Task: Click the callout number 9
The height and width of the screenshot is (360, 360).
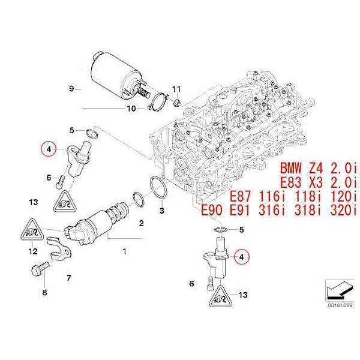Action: click(x=71, y=88)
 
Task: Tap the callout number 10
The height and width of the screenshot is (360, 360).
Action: click(x=131, y=109)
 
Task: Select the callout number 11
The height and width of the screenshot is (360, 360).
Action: click(x=176, y=89)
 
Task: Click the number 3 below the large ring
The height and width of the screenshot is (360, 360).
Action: click(x=162, y=211)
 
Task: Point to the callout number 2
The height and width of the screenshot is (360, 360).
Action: click(x=142, y=223)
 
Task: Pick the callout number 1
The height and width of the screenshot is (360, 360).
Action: click(x=124, y=251)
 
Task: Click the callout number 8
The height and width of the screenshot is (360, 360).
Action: click(x=44, y=293)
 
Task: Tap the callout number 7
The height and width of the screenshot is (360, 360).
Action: click(x=69, y=278)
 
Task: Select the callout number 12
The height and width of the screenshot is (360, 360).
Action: click(x=33, y=251)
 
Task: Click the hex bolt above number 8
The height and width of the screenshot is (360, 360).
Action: click(x=40, y=269)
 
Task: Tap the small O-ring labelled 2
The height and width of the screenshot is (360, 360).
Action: click(x=139, y=200)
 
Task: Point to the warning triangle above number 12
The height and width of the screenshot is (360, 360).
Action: click(x=32, y=230)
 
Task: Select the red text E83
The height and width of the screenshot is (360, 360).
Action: click(x=290, y=183)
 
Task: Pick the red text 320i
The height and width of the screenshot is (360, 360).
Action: click(x=343, y=211)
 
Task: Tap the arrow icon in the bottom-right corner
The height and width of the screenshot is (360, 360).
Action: click(x=340, y=290)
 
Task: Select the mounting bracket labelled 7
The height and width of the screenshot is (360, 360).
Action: click(x=59, y=250)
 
